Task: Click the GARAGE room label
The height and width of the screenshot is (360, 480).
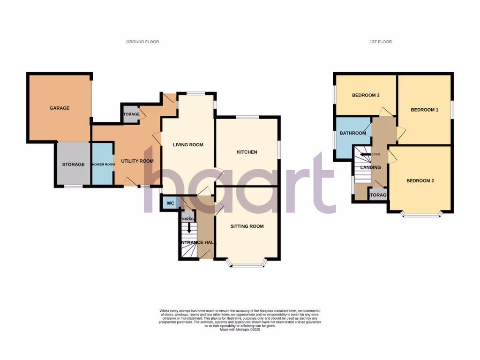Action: tap(60, 108)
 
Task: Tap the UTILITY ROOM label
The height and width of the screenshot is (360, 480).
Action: tap(137, 161)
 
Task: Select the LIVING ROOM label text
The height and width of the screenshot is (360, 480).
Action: tap(188, 145)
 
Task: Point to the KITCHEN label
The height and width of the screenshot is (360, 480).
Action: tap(247, 152)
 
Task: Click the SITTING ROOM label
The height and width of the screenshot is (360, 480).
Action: tap(247, 226)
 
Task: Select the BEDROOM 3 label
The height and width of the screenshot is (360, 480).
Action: tap(366, 95)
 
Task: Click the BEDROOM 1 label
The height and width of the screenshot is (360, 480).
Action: tap(425, 110)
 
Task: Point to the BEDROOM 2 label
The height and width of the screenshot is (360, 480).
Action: tap(420, 180)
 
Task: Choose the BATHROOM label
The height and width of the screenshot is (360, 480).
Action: tap(353, 133)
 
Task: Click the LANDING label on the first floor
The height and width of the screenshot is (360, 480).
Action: tap(370, 167)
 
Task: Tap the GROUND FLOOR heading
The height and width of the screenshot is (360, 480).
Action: tap(142, 42)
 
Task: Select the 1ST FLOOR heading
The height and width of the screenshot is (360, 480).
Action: tap(381, 42)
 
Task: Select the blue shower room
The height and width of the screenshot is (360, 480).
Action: tap(103, 165)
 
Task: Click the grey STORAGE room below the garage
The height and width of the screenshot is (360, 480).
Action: tap(74, 165)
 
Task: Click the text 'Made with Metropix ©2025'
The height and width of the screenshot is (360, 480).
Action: tap(240, 330)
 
